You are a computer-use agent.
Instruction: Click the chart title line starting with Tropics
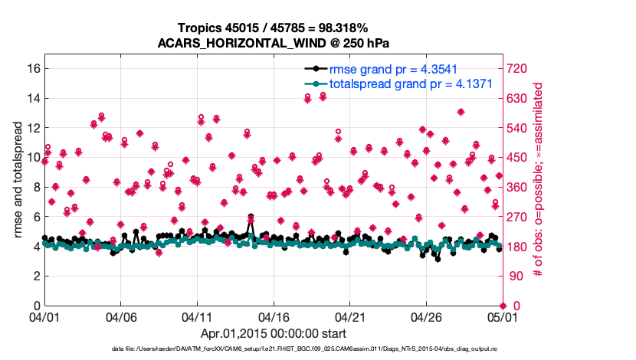tap(274, 28)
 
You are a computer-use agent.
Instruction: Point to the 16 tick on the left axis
tap(32, 68)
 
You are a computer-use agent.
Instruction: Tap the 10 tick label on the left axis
tap(32, 157)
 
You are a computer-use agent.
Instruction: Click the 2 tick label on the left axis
tap(35, 276)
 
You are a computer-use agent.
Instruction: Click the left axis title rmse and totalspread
tap(18, 180)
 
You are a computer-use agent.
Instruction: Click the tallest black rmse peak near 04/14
tap(251, 218)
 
